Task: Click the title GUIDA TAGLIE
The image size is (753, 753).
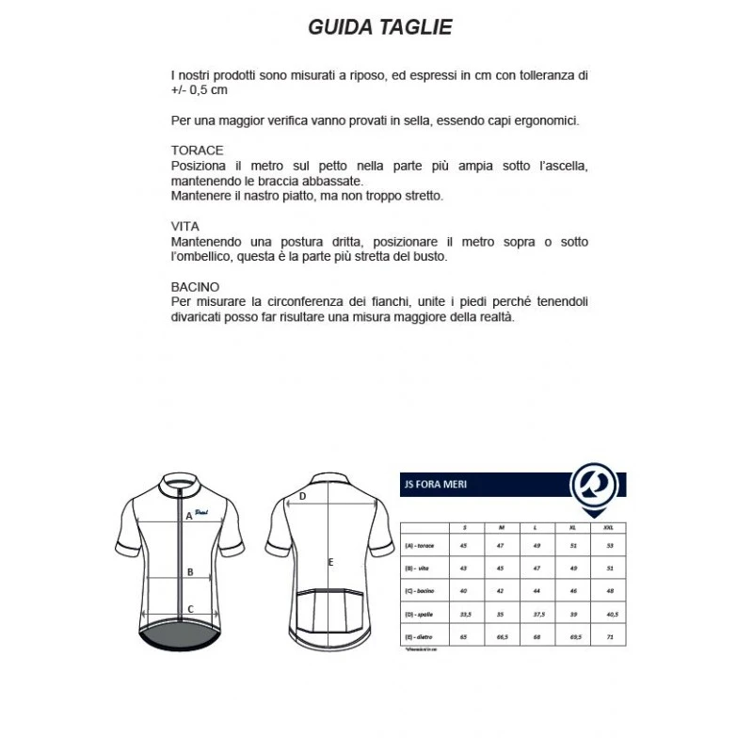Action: (380, 27)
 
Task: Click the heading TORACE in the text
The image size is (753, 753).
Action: (198, 151)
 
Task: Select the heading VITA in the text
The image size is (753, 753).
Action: (185, 227)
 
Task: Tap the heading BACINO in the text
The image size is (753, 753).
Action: (196, 286)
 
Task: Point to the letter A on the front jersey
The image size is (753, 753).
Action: (189, 516)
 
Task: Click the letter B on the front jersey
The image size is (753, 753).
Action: (189, 571)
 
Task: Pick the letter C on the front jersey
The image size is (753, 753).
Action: (189, 609)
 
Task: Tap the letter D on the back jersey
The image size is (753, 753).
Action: (302, 496)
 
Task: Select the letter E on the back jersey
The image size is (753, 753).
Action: (330, 563)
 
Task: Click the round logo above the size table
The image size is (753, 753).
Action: (596, 483)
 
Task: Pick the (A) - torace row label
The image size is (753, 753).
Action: (421, 545)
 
